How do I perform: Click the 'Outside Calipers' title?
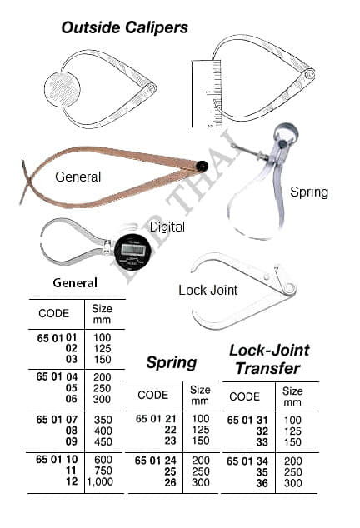pos(125,27)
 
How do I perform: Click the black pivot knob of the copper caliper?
pos(202,166)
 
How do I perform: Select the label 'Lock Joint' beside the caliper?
pos(208,290)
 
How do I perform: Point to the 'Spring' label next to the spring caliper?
pos(309,192)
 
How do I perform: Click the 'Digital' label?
pos(167,227)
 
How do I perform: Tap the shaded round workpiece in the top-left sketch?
pos(62,89)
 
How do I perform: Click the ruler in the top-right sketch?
pos(207,94)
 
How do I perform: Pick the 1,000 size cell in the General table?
pos(100,482)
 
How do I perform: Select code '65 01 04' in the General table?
pos(57,376)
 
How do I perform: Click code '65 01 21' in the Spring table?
pos(156,419)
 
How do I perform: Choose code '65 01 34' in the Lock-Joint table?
pos(247,461)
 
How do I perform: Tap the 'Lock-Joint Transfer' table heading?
pos(269,359)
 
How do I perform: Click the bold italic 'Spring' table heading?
pos(171,363)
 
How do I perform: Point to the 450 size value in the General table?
pos(102,441)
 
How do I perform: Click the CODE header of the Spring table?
pos(152,395)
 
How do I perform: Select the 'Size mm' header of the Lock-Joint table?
pos(292,396)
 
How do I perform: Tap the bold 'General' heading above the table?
pos(75,283)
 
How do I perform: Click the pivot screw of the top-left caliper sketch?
pos(150,88)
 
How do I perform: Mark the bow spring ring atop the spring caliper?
pos(286,132)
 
